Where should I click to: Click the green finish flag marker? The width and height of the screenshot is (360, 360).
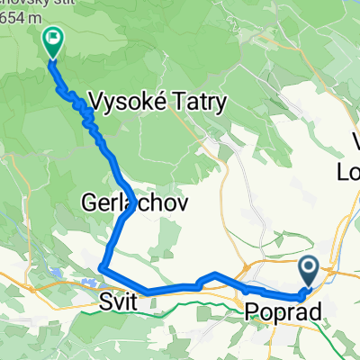(x=52, y=40)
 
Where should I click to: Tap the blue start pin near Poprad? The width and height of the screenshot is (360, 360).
(x=308, y=268)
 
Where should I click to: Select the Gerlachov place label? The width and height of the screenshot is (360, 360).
(x=136, y=203)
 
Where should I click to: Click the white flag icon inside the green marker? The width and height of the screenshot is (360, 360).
(x=52, y=38)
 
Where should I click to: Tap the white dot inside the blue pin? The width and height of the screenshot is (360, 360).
(x=308, y=265)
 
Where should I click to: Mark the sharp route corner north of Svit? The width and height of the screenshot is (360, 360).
(x=102, y=268)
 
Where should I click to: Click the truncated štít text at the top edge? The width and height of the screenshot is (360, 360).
(x=27, y=4)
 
